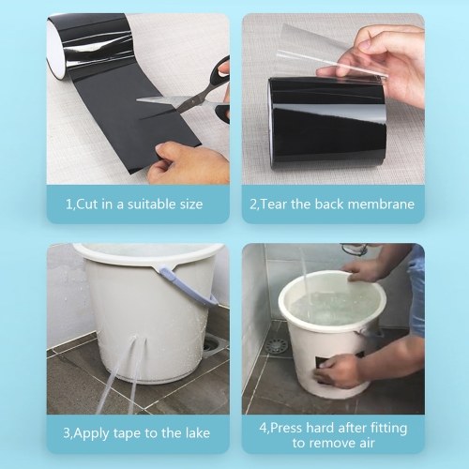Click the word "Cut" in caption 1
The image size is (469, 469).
coord(88,204)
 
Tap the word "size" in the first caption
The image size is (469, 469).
coord(191,204)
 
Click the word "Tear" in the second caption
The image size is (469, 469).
coord(274,204)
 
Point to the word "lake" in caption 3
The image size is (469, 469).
coord(197,432)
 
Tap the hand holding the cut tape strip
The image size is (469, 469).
coord(188,162)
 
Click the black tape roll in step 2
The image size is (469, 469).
coord(327,124)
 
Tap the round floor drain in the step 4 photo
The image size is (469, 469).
coord(276,346)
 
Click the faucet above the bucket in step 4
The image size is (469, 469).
coord(354,250)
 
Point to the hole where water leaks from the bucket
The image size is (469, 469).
coord(135,338)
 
